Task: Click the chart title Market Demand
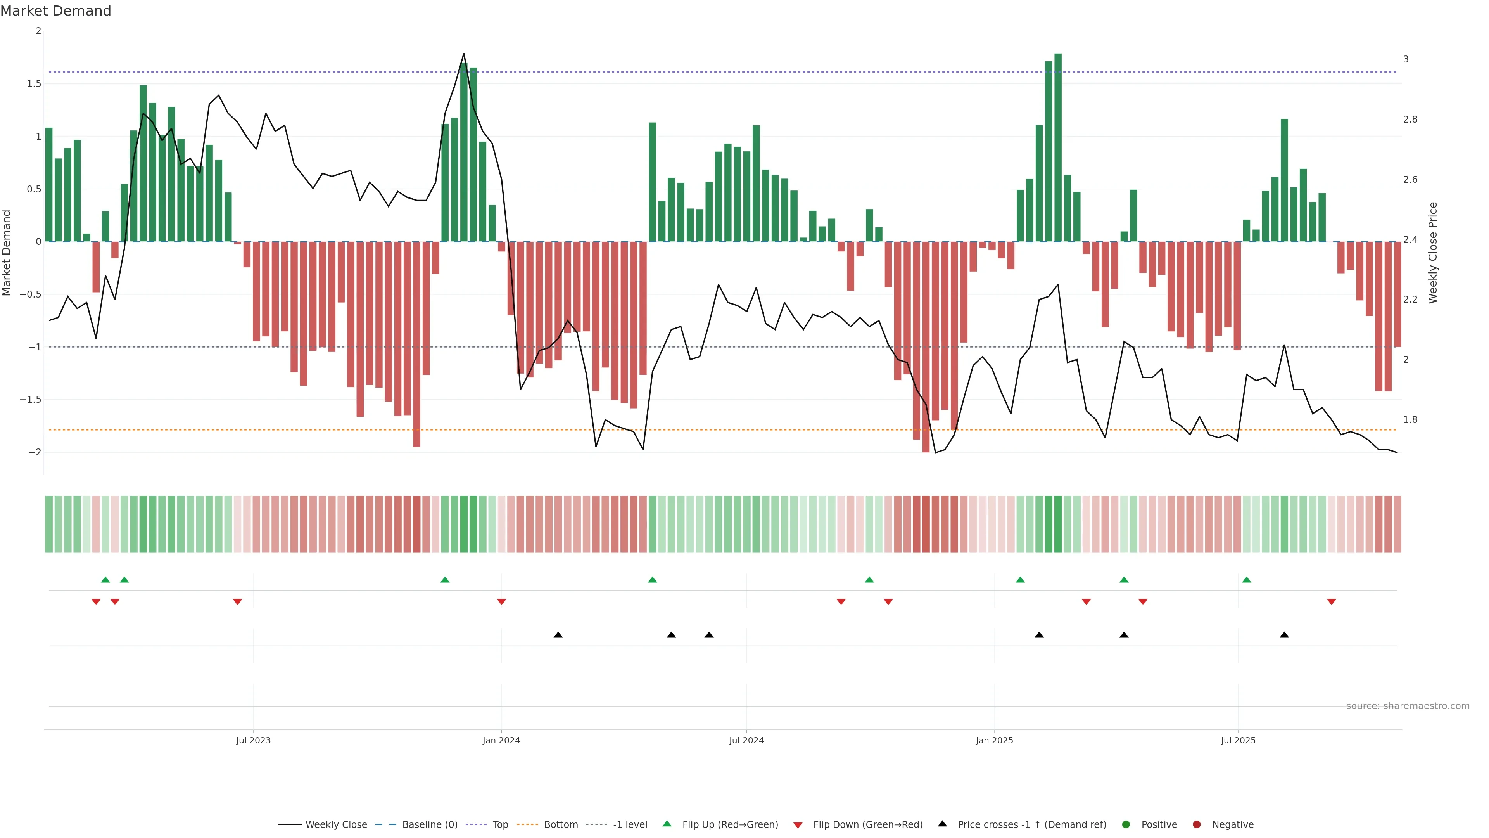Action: [55, 11]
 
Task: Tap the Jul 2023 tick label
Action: [253, 740]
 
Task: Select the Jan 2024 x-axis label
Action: [501, 740]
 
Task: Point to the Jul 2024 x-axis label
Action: [746, 740]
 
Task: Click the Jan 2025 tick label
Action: [994, 740]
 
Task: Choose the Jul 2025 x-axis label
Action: [1238, 740]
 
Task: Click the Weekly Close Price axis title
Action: [1432, 253]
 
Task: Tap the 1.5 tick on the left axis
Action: [34, 84]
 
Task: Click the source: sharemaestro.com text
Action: [1408, 706]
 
